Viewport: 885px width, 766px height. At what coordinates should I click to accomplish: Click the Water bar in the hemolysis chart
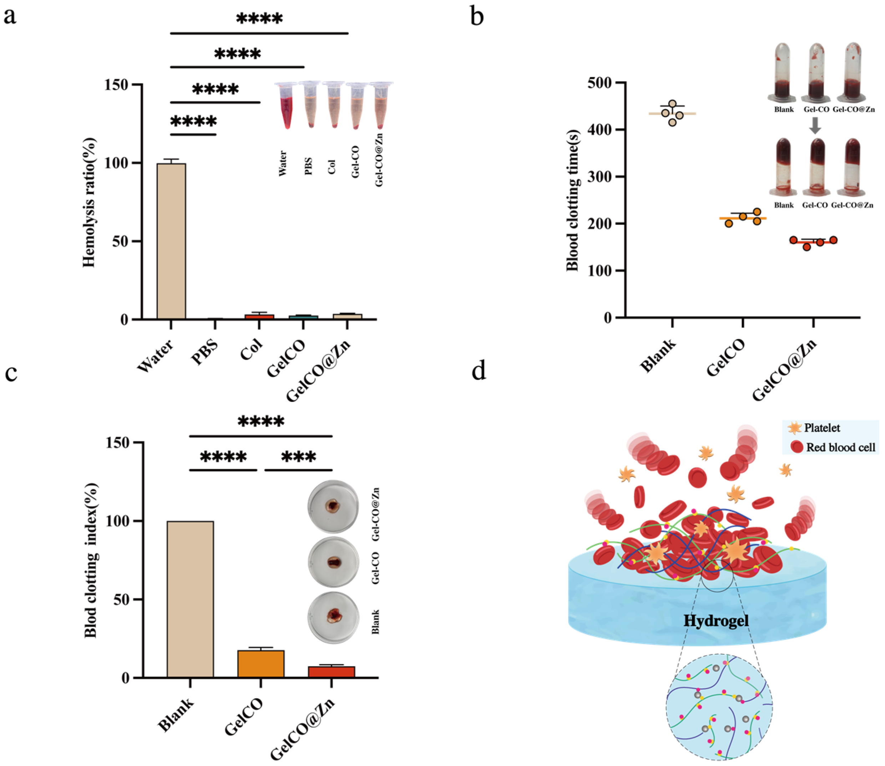click(171, 241)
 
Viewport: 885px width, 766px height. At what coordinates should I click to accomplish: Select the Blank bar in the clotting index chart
click(190, 599)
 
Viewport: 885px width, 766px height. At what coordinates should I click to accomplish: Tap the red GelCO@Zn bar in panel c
click(332, 671)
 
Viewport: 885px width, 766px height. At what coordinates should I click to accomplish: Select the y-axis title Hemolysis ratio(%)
click(89, 202)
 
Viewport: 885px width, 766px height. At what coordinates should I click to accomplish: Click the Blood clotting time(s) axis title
click(572, 200)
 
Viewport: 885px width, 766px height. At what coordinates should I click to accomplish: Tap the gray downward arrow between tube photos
click(815, 125)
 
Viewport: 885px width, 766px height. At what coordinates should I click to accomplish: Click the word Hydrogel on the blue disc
click(716, 621)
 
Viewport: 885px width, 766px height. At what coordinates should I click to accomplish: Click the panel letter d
click(479, 370)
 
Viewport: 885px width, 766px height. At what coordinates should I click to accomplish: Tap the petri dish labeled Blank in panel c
click(333, 617)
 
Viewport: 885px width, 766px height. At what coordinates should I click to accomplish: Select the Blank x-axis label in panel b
click(658, 355)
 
